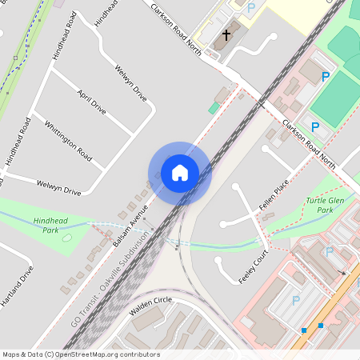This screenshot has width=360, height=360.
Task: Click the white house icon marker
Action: [x=180, y=173]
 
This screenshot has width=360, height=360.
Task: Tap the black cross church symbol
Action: [x=226, y=34]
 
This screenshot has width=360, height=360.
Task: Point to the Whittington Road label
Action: [x=68, y=138]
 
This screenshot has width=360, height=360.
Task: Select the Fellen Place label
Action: [x=273, y=197]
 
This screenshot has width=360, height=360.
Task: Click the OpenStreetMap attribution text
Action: [x=80, y=354]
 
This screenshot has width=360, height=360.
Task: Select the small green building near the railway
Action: [x=214, y=108]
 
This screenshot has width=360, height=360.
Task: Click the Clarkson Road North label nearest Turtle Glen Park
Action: [x=308, y=144]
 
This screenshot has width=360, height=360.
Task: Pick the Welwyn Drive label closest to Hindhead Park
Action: [x=59, y=187]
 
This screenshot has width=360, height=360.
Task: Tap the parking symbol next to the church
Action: [x=251, y=8]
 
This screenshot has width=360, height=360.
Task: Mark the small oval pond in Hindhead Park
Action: [x=66, y=237]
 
